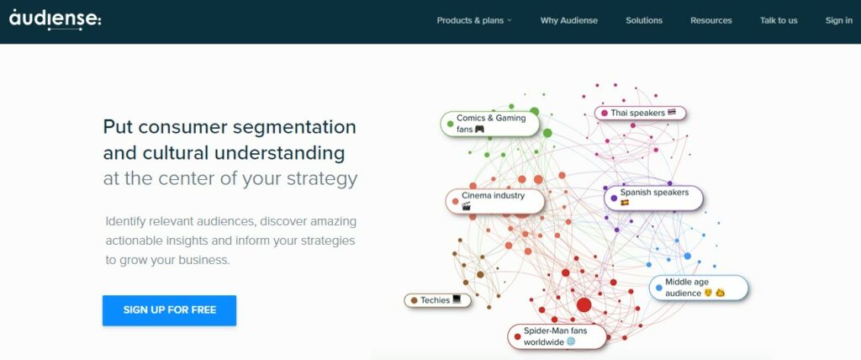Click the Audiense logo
(55, 19)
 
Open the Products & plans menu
(473, 20)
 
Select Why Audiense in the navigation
(569, 20)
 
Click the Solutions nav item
(644, 20)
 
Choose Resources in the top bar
(710, 20)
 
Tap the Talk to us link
(779, 20)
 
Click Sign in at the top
(838, 20)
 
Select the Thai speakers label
(640, 113)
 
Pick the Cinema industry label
(494, 200)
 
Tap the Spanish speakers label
(653, 198)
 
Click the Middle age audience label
(698, 288)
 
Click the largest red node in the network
(584, 305)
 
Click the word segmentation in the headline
(292, 127)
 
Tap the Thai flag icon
(672, 112)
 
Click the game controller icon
(479, 130)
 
